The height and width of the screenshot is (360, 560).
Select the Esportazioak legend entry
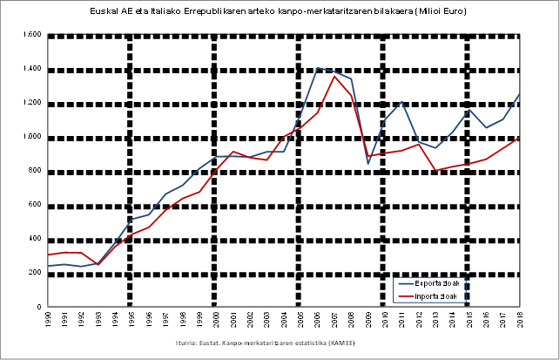(x=436, y=283)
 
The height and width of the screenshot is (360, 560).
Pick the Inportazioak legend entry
(x=436, y=296)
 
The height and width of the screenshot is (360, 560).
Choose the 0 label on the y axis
(x=40, y=307)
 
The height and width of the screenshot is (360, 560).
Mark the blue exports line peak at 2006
(x=318, y=68)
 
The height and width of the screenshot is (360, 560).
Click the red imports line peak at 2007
(x=334, y=76)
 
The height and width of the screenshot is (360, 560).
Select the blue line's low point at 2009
(x=368, y=164)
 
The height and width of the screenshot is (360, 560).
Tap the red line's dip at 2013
(x=435, y=171)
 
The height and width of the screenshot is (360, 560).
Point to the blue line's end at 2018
(x=520, y=94)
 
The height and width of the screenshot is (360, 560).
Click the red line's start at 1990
(x=47, y=255)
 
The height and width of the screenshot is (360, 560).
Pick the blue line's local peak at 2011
(x=401, y=101)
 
